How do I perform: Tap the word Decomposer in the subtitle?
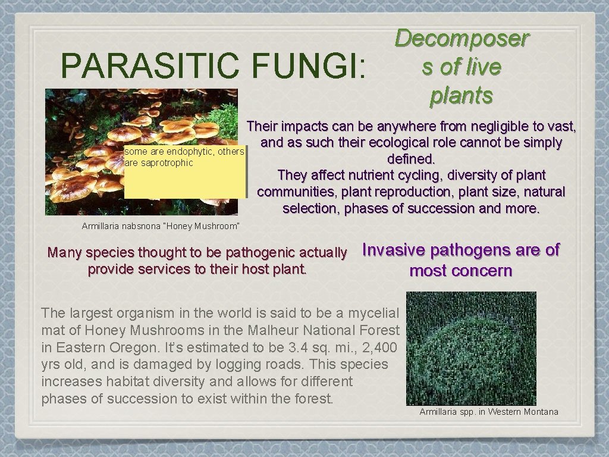pos(462,39)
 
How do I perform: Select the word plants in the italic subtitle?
pos(462,95)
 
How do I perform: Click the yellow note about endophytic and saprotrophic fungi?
pos(184,173)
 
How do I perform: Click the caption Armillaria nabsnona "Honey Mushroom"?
pos(161,226)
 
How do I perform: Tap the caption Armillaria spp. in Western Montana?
pos(489,412)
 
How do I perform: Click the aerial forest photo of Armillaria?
pos(471,348)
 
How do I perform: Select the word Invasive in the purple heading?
pos(393,250)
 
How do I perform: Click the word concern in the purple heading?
pos(486,271)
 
